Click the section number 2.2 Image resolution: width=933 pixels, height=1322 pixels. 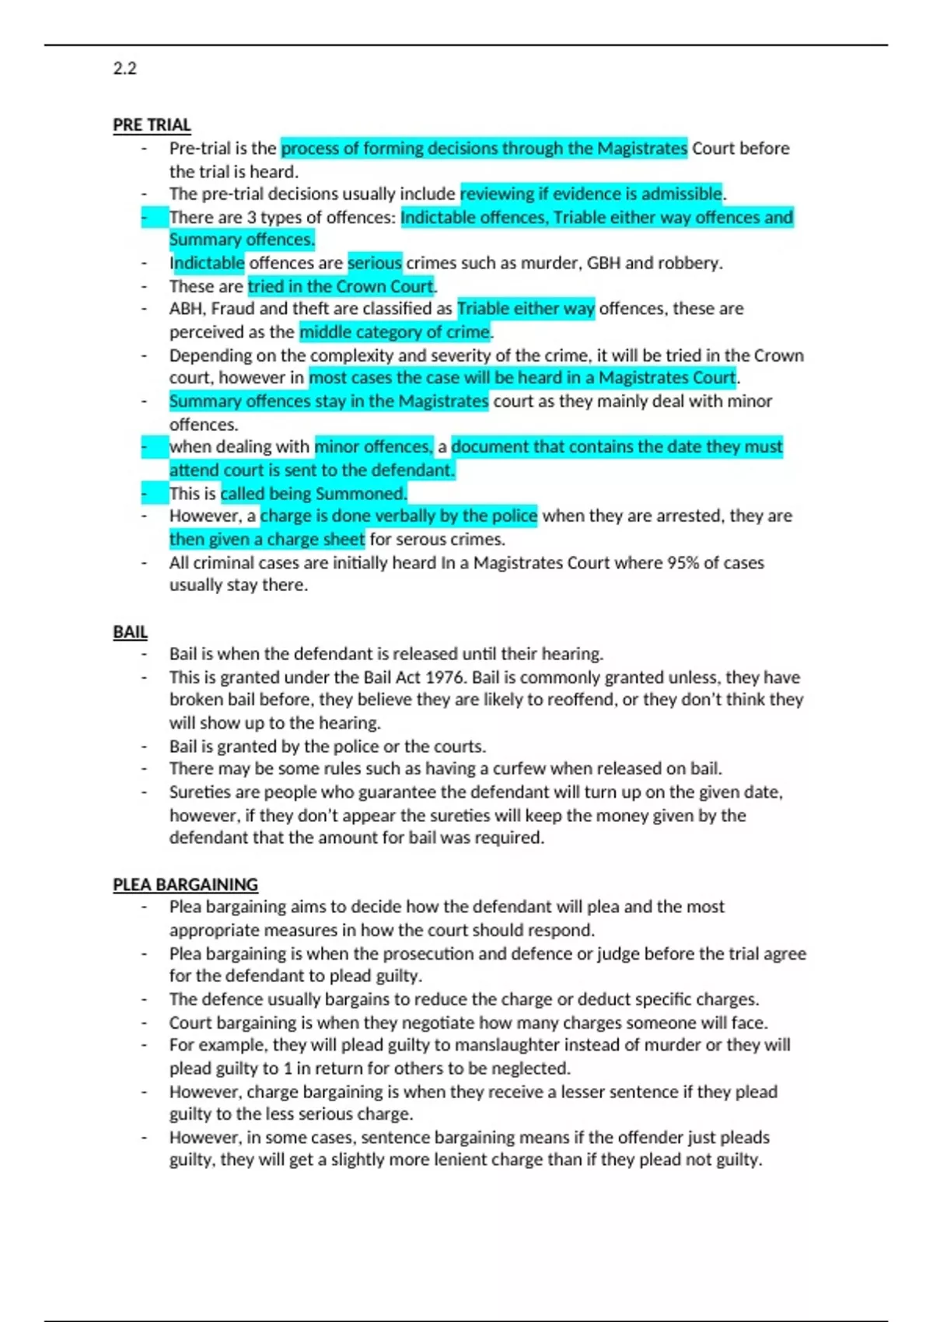pyautogui.click(x=124, y=68)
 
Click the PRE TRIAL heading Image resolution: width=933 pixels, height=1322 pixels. pyautogui.click(x=152, y=125)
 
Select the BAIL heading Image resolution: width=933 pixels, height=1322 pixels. pyautogui.click(x=130, y=632)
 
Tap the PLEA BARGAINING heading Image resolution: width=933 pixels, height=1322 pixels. pyautogui.click(x=185, y=885)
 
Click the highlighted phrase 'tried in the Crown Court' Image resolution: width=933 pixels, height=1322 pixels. pyautogui.click(x=341, y=287)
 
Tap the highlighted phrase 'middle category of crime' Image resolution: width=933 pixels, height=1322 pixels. pyautogui.click(x=395, y=333)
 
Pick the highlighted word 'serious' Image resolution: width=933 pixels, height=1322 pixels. pyautogui.click(x=374, y=264)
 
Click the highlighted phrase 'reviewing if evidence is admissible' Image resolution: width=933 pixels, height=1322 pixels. pyautogui.click(x=591, y=194)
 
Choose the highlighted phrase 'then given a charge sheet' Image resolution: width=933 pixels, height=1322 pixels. pyautogui.click(x=267, y=540)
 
